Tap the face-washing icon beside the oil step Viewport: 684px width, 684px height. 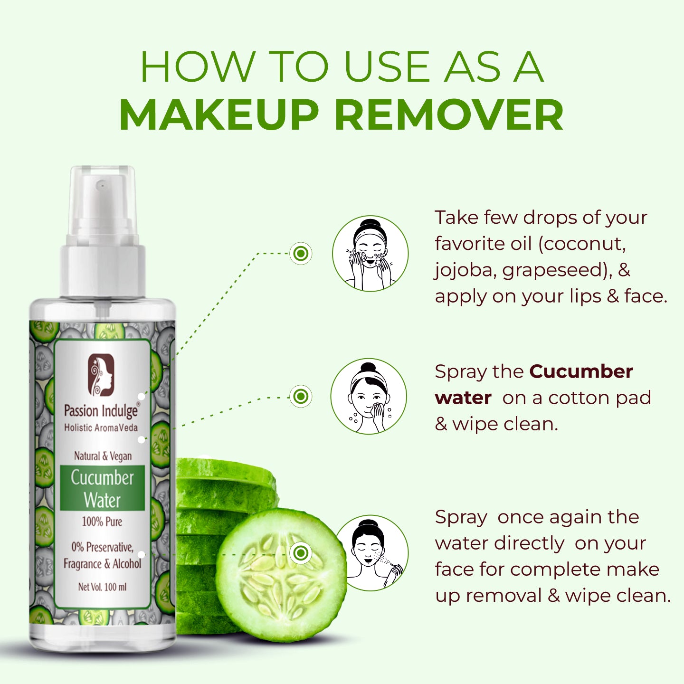pos(370,254)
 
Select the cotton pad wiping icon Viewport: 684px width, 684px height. pos(369,396)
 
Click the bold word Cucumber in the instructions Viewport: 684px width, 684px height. pos(581,371)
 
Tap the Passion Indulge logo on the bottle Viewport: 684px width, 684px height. pos(100,374)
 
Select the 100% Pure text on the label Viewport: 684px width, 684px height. pos(102,522)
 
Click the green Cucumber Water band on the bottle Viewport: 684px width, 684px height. pos(102,488)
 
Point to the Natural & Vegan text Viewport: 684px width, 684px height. pos(103,456)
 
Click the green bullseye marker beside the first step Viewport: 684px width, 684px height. pos(301,254)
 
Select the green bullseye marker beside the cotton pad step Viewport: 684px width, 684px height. pos(301,396)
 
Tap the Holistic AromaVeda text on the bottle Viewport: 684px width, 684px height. pos(101,427)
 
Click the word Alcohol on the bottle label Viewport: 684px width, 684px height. pos(127,564)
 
